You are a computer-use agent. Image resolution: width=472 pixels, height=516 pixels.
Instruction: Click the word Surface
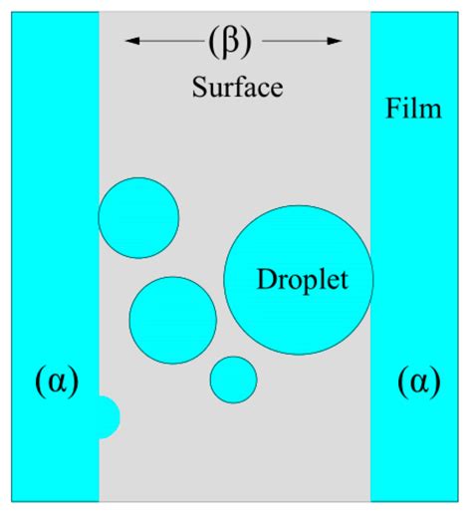(x=237, y=88)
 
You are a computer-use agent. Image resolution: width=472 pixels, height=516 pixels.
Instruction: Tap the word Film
(x=412, y=109)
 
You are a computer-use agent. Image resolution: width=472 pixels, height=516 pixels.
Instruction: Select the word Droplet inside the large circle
(x=302, y=280)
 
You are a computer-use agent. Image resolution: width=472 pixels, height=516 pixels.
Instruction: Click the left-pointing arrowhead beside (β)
(x=130, y=43)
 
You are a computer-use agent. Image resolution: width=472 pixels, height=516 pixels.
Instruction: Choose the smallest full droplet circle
(x=234, y=380)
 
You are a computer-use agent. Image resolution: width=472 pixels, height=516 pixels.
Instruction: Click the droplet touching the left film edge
(x=138, y=217)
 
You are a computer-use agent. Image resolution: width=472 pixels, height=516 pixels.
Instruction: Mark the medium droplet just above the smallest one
(x=172, y=320)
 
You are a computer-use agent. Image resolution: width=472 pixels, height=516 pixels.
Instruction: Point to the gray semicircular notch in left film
(x=108, y=416)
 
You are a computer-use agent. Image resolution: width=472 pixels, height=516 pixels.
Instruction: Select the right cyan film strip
(x=419, y=249)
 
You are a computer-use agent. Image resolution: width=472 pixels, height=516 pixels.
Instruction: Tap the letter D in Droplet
(x=265, y=280)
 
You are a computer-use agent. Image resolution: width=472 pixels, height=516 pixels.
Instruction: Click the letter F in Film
(x=391, y=109)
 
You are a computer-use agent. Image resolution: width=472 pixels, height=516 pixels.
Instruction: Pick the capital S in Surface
(x=197, y=88)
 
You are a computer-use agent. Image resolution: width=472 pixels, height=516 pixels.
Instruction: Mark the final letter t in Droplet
(x=345, y=280)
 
